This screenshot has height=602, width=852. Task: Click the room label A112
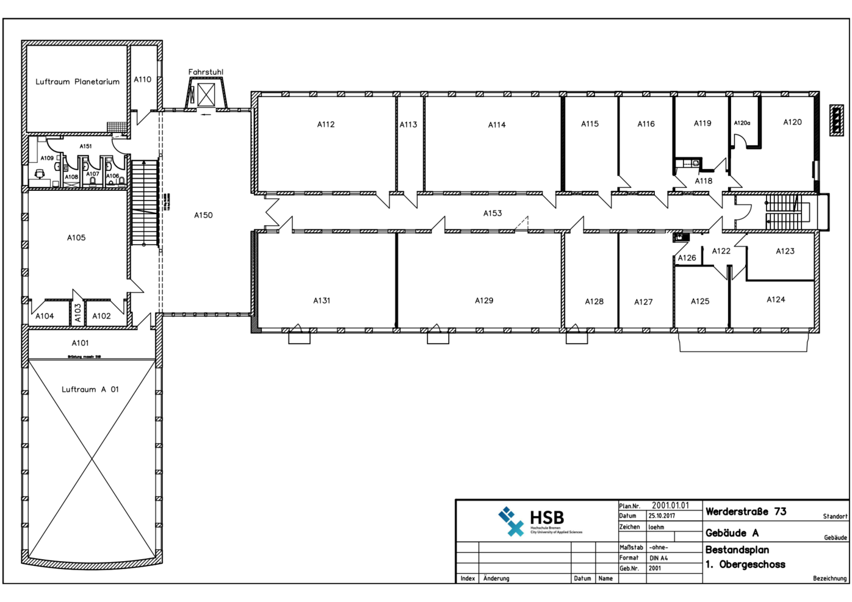[326, 124]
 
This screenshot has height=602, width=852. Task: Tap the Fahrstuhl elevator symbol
[206, 95]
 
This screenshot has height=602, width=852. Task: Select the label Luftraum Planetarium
[78, 82]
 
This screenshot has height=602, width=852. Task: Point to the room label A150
[203, 215]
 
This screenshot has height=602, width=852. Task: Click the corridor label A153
[493, 213]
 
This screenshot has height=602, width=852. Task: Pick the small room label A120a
[742, 123]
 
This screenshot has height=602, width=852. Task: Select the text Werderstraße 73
[746, 512]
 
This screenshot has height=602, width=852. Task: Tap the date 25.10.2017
[662, 516]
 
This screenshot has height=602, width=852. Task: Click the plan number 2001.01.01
[670, 506]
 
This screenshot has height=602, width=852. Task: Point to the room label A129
[484, 301]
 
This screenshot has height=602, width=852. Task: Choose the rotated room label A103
[78, 313]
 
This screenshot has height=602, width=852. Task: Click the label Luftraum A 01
[90, 390]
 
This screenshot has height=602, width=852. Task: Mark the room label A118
[703, 181]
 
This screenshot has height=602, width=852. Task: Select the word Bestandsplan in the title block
[737, 550]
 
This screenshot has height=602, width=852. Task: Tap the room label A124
[776, 299]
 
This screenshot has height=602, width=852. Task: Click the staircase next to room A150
[145, 202]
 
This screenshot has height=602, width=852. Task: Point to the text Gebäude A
[732, 533]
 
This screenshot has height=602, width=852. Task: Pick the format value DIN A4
[659, 558]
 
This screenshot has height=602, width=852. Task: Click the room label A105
[76, 238]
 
